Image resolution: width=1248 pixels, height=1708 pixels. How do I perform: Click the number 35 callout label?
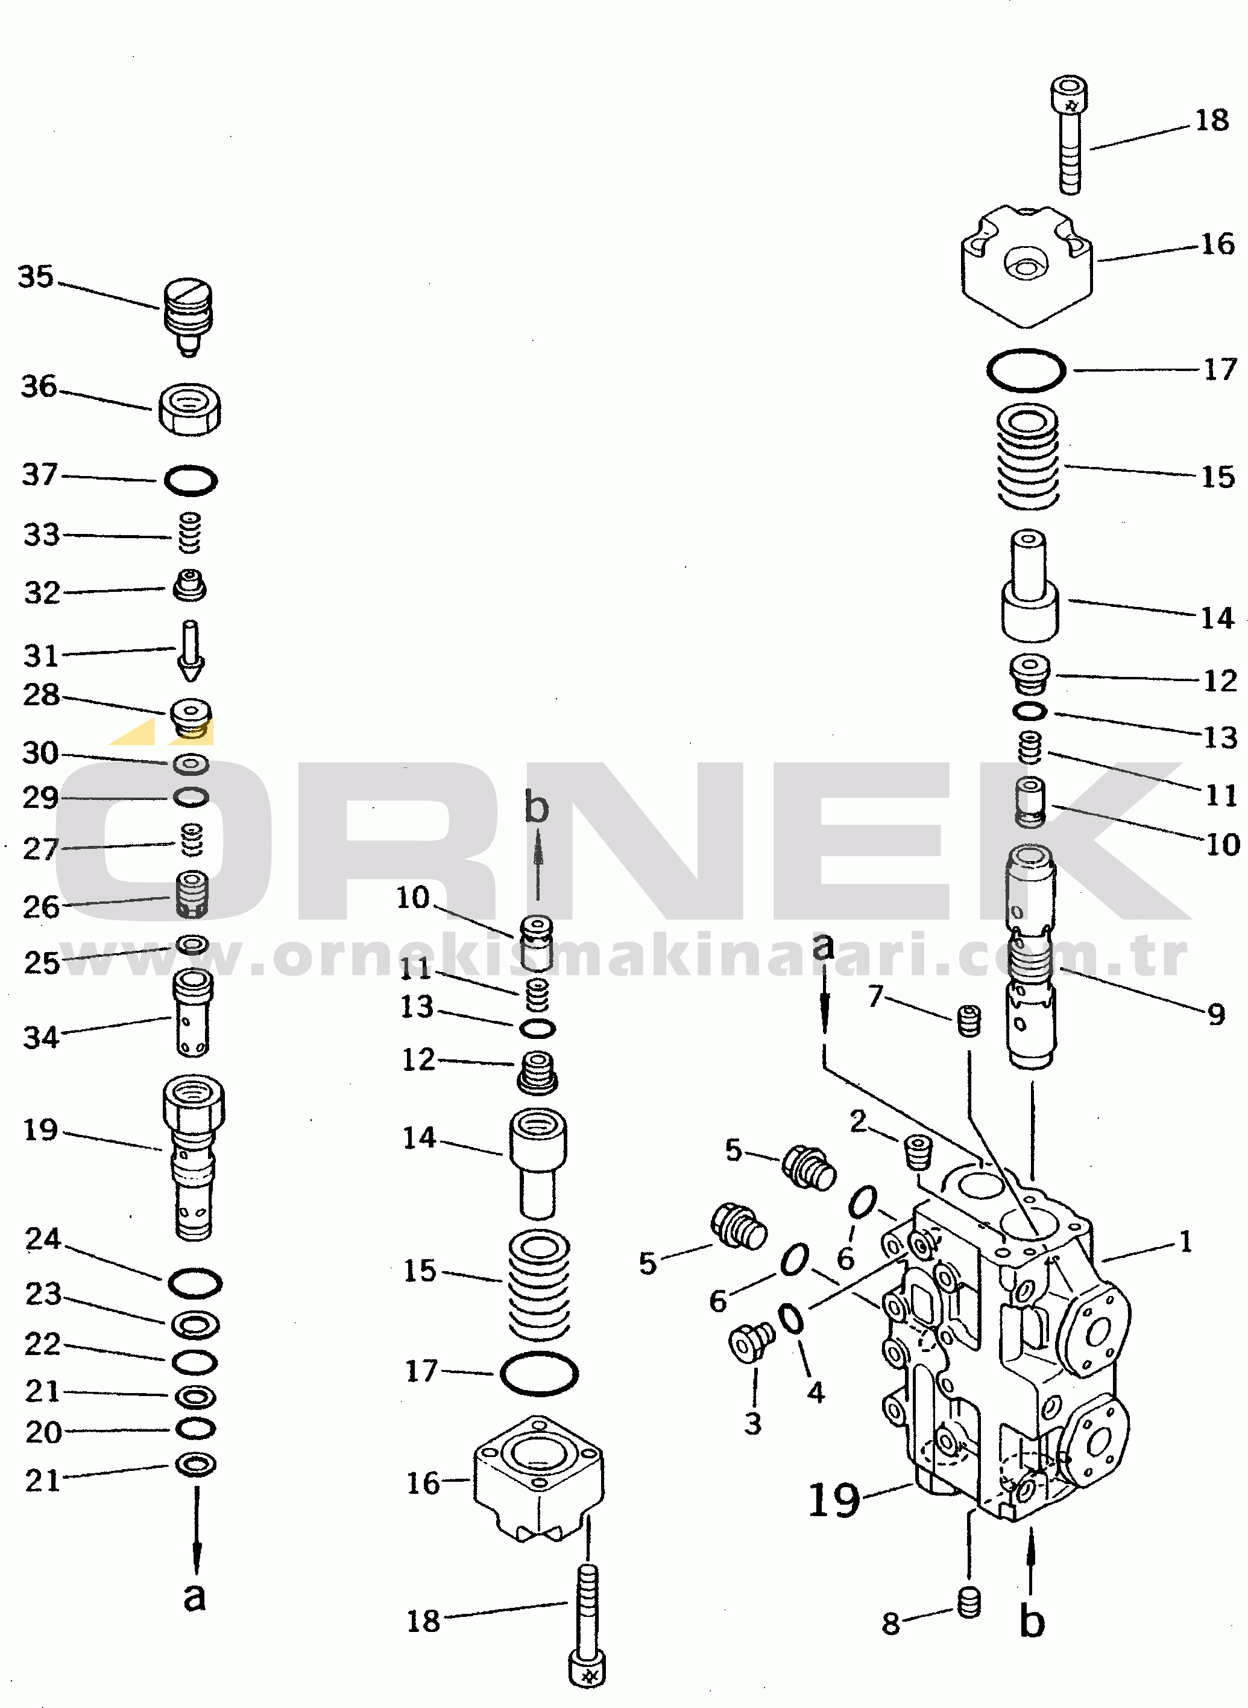pyautogui.click(x=36, y=278)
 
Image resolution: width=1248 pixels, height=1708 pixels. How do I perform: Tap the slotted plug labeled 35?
pyautogui.click(x=188, y=314)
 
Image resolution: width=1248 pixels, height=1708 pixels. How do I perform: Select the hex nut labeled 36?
pyautogui.click(x=190, y=409)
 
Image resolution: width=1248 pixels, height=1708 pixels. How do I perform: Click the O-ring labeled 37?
pyautogui.click(x=191, y=481)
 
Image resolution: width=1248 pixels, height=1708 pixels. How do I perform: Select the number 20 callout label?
pyautogui.click(x=43, y=1432)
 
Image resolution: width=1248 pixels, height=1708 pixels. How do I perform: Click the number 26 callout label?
pyautogui.click(x=41, y=907)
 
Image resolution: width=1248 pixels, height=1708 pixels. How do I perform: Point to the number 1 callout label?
pyautogui.click(x=1185, y=1242)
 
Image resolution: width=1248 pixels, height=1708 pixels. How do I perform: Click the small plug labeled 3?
pyautogui.click(x=752, y=1343)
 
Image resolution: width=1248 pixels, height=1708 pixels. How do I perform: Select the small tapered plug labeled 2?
pyautogui.click(x=918, y=1152)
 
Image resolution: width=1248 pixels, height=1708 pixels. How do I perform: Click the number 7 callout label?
pyautogui.click(x=875, y=996)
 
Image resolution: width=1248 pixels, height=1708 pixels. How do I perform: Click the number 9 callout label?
pyautogui.click(x=1216, y=1014)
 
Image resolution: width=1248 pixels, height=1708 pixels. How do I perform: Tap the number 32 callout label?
pyautogui.click(x=42, y=593)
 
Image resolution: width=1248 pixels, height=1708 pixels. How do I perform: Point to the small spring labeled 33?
pyautogui.click(x=190, y=533)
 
